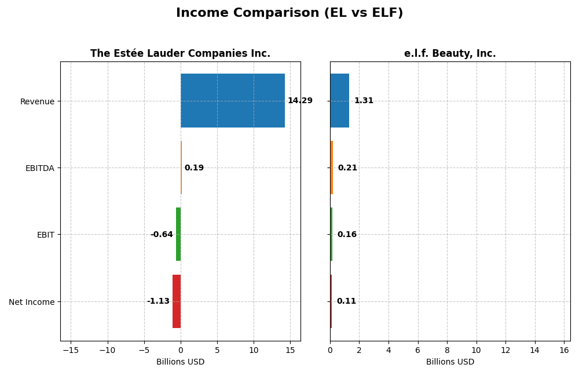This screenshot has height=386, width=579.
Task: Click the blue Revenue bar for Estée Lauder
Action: click(x=232, y=100)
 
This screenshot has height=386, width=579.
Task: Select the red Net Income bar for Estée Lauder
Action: click(x=177, y=301)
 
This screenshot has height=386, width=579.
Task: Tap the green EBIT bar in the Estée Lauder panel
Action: click(x=178, y=234)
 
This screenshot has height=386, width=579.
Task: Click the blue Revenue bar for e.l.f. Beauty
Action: click(x=339, y=100)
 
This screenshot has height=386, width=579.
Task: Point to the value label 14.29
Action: click(x=300, y=101)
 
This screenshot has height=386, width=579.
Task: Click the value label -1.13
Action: click(x=158, y=301)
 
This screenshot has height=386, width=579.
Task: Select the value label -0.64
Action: click(x=162, y=235)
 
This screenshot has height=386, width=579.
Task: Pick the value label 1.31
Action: click(x=364, y=101)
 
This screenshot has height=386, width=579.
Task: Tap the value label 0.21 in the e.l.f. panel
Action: click(x=347, y=168)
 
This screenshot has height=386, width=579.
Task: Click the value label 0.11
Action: click(x=346, y=301)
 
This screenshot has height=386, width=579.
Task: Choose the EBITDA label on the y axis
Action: click(x=39, y=168)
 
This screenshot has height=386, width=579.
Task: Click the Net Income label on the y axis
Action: click(x=32, y=302)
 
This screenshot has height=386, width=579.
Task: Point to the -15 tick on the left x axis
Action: click(x=71, y=350)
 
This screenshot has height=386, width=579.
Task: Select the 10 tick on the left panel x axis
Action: click(x=254, y=350)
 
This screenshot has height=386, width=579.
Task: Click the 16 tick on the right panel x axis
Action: click(x=564, y=350)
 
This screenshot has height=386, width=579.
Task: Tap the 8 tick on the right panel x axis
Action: click(x=447, y=350)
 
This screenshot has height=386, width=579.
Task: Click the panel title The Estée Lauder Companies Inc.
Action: click(x=180, y=53)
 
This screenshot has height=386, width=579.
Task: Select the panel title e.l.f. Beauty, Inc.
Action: click(x=450, y=53)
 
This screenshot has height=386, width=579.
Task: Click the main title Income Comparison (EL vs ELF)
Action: click(x=289, y=13)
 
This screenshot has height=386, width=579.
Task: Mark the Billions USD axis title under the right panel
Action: click(x=450, y=362)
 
